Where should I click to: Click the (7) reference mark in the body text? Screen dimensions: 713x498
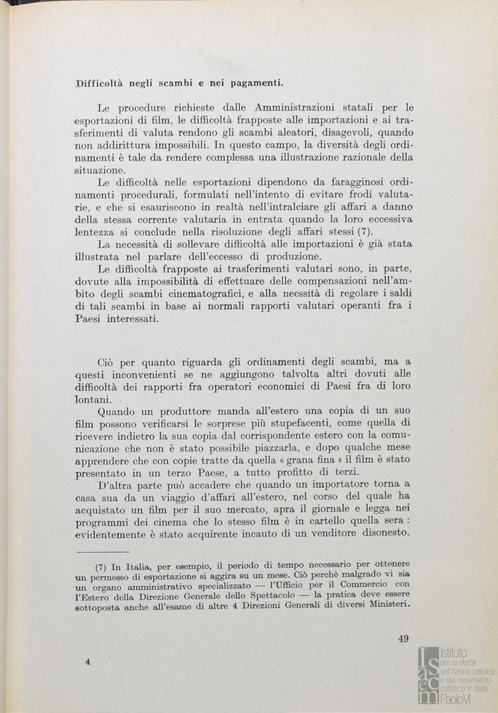(x=365, y=232)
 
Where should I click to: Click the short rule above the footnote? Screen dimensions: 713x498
(x=102, y=551)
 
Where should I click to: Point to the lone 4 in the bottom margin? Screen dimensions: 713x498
(x=87, y=662)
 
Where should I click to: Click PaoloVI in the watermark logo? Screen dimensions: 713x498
(x=458, y=700)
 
